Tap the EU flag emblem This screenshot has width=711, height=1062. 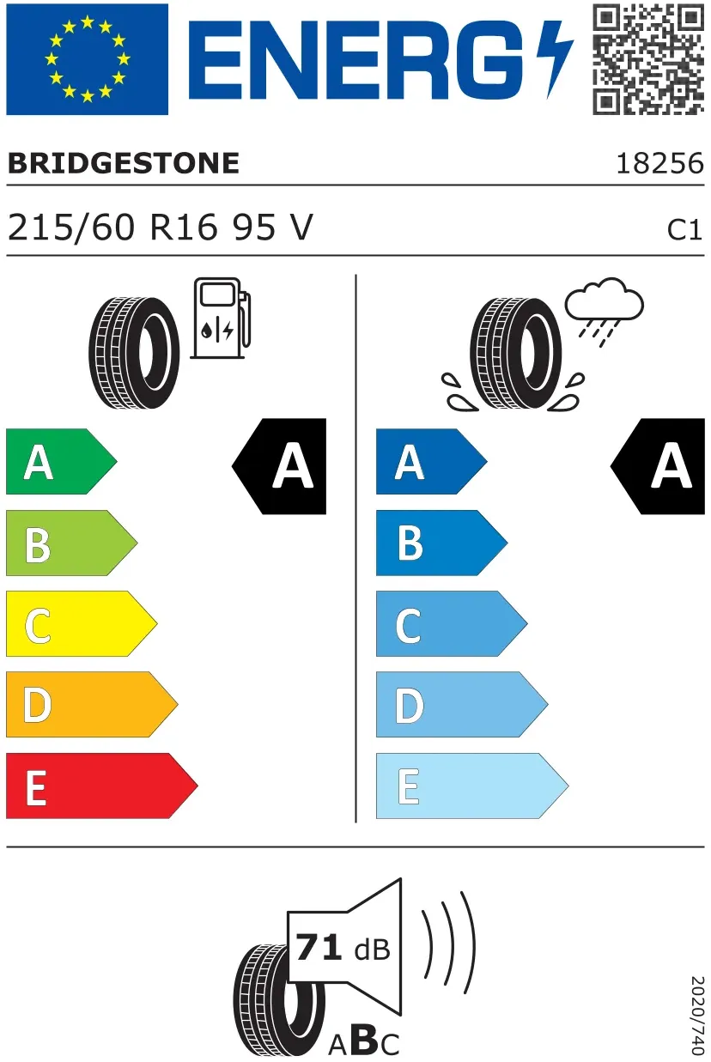click(88, 59)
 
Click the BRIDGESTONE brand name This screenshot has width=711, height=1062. click(124, 163)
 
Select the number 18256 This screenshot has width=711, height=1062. click(659, 164)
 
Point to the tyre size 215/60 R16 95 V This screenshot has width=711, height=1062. click(161, 228)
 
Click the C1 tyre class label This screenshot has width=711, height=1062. click(684, 230)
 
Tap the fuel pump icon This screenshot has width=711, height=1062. click(221, 319)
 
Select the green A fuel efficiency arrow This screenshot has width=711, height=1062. click(61, 461)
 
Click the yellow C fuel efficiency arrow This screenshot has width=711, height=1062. click(82, 623)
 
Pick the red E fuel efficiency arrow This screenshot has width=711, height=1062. click(102, 786)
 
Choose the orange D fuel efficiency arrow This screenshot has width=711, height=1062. click(92, 705)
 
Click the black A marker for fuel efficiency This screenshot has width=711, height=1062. click(279, 466)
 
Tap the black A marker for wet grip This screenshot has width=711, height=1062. click(658, 466)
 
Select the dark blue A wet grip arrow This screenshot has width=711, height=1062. click(432, 461)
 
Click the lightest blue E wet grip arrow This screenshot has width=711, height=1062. click(472, 786)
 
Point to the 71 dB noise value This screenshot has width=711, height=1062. click(343, 948)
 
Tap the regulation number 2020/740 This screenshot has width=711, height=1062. click(696, 1014)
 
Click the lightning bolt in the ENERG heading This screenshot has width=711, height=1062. click(555, 59)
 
